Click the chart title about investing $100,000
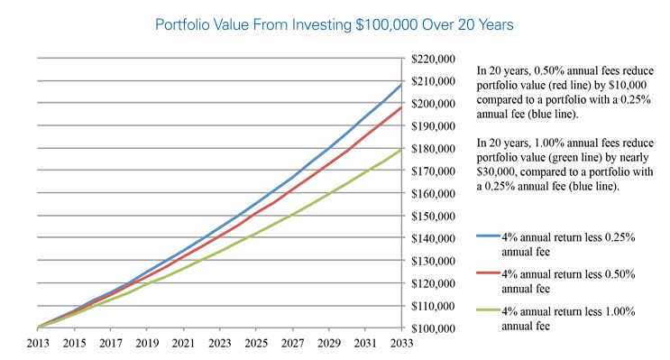pos(335,25)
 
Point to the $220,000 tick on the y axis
pos(437,59)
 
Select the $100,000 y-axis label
pos(437,328)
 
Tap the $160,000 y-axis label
pos(437,194)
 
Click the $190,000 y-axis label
pos(437,126)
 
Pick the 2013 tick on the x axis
pos(37,343)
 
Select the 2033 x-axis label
pos(400,343)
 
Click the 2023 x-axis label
pos(219,343)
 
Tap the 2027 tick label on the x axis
pos(291,343)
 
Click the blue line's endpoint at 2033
pos(401,84)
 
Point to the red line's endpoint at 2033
pos(401,107)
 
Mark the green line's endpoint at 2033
pos(401,149)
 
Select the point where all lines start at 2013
pos(38,328)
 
